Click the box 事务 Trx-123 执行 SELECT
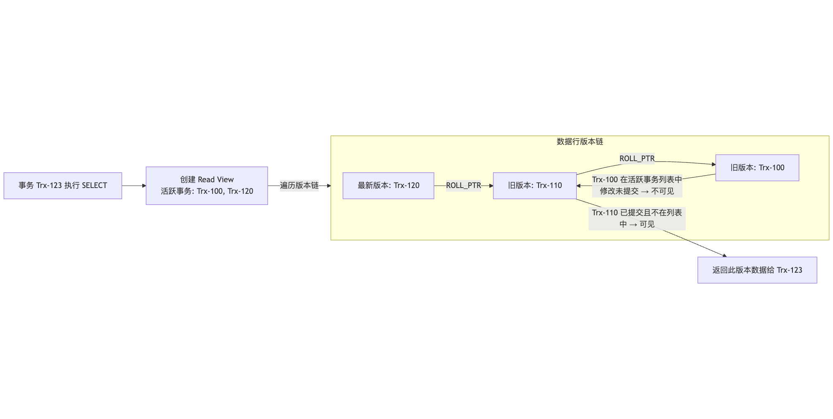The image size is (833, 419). pos(63,186)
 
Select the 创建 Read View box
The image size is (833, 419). pos(207,186)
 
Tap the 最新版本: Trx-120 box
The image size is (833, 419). pos(388,186)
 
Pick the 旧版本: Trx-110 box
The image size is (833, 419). pos(535,186)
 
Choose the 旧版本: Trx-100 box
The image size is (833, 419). pos(757,168)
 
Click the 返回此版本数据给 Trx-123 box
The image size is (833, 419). pos(757,270)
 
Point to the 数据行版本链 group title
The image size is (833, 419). pos(579,142)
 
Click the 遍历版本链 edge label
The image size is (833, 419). pos(299,186)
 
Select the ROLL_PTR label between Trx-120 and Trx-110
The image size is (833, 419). pos(463,186)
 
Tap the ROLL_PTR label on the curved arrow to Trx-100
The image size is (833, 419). pos(637,159)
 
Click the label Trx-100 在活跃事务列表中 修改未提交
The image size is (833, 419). pos(637,186)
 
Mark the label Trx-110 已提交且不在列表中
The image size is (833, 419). pos(637,219)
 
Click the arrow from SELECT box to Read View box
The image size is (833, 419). pos(134,186)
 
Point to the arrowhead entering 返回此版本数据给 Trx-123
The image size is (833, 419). pos(725,256)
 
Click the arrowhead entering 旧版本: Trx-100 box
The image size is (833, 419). pos(713,164)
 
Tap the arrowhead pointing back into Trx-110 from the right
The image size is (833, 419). pos(579,186)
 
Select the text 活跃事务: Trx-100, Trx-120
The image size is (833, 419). pos(207,191)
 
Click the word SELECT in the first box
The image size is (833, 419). pos(94,186)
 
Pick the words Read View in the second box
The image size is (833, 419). pos(215,180)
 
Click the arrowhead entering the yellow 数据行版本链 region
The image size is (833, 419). pos(329,186)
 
